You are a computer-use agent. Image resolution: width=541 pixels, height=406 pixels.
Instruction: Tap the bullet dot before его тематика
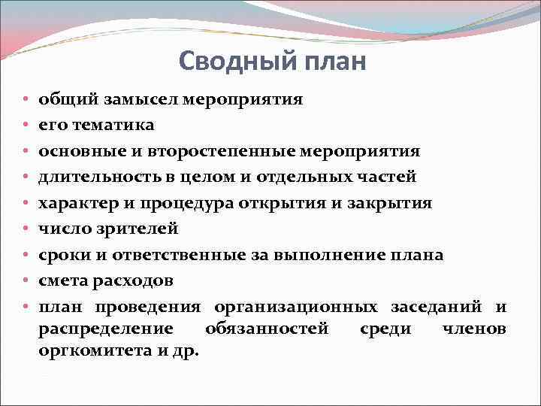click(x=26, y=126)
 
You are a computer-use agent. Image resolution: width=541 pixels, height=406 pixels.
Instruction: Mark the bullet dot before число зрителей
click(x=26, y=229)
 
